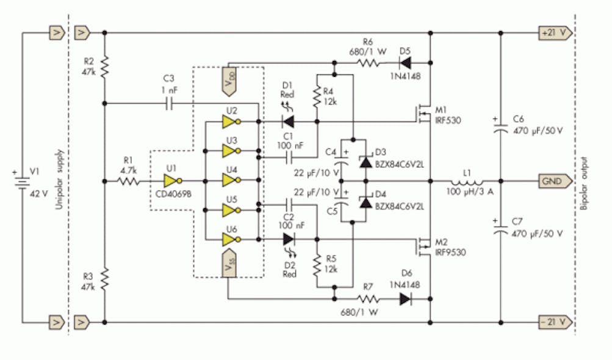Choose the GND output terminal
click(x=554, y=181)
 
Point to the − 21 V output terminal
click(x=553, y=321)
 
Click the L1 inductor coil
click(x=467, y=181)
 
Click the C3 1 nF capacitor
click(x=169, y=104)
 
